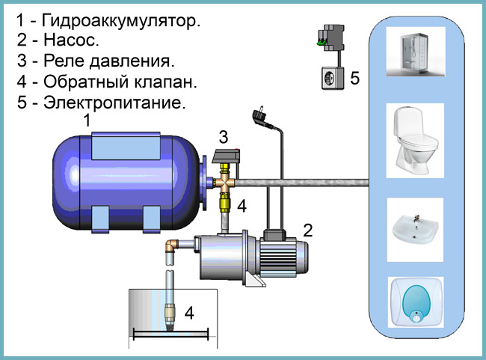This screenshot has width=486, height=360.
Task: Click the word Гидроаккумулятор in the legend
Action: pos(121,21)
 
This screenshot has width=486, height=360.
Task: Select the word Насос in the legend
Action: pos(71,40)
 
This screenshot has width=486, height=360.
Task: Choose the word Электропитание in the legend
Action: pos(114,102)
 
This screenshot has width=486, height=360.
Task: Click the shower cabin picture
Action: pos(416,52)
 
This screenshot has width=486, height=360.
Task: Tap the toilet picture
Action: pos(415,141)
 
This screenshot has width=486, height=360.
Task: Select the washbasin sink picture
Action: pos(415,230)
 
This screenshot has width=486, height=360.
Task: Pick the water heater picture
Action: pos(416,302)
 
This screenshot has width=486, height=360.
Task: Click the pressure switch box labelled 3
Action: pos(226,156)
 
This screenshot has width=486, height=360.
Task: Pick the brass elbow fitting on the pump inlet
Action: pos(172,246)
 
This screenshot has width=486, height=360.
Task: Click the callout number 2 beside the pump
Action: pos(307,231)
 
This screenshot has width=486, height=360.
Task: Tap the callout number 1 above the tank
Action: pos(87,120)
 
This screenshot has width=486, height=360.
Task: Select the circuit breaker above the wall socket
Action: pos(331,38)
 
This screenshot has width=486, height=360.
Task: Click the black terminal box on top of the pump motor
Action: pos(274,235)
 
